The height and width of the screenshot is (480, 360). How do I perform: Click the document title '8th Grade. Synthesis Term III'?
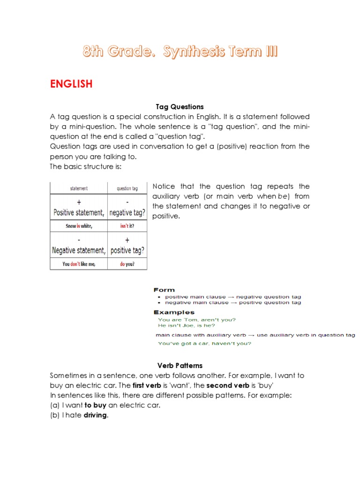point(180,52)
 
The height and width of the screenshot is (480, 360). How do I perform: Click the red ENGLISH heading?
point(71,84)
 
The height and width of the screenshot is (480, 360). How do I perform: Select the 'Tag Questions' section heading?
point(180,107)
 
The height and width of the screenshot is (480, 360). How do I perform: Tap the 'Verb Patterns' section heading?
point(180,365)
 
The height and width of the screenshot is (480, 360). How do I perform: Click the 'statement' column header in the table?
point(79,188)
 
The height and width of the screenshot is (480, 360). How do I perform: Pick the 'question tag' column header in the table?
point(127,188)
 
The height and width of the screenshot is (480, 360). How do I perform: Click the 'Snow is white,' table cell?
point(79,225)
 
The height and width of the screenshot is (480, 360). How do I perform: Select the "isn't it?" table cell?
point(127,225)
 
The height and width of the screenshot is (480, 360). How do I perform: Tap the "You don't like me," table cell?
point(79,264)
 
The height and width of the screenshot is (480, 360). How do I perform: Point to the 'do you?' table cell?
point(127,264)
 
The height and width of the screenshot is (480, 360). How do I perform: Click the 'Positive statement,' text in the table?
point(79,212)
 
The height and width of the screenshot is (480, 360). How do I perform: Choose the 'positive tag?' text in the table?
point(127,251)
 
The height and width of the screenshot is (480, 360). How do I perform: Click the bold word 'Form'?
point(164,290)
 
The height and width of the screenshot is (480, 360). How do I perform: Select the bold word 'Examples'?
point(173,312)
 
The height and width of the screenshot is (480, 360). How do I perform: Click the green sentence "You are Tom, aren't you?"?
point(197,320)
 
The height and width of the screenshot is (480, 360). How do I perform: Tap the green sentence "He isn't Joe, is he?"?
point(187,325)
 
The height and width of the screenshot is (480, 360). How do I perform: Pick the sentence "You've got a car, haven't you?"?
point(204,344)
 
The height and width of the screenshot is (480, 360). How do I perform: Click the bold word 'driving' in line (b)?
point(96,415)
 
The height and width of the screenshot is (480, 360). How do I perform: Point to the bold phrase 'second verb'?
point(228,385)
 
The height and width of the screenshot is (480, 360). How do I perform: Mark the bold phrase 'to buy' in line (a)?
point(95,405)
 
